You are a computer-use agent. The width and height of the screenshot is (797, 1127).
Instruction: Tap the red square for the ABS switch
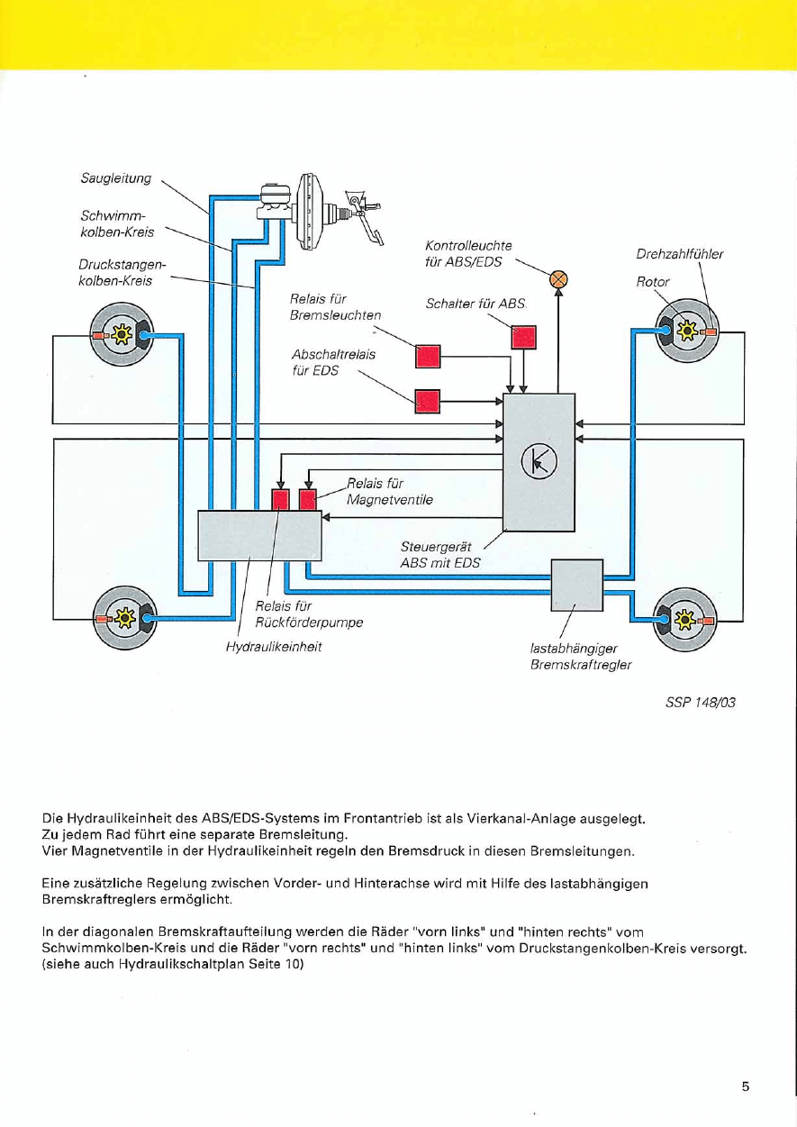(523, 336)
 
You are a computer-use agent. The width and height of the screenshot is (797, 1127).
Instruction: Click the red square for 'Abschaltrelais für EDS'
(427, 400)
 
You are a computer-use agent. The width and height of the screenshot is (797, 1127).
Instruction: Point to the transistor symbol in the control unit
(539, 462)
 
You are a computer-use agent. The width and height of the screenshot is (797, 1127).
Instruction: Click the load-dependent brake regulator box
(576, 585)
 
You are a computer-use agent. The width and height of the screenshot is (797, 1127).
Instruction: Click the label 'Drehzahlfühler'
(680, 254)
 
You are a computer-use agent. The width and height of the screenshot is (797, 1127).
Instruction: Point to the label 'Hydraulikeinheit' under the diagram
(274, 647)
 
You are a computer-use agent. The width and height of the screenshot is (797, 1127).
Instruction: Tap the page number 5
(746, 1086)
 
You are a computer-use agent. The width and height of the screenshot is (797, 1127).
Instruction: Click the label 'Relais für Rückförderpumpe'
(309, 613)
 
